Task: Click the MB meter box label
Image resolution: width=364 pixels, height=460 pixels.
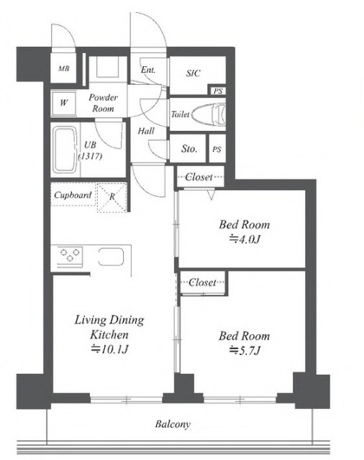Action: [64, 69]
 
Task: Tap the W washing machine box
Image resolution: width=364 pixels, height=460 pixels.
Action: [64, 103]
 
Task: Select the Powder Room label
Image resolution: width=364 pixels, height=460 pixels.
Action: [103, 103]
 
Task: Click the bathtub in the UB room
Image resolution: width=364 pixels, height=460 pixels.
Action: [65, 150]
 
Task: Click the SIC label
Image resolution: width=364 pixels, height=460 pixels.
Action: [194, 73]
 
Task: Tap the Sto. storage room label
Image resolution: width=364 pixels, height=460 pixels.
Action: [188, 149]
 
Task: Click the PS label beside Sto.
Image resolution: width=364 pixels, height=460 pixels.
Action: [217, 149]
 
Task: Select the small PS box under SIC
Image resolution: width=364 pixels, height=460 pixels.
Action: [217, 91]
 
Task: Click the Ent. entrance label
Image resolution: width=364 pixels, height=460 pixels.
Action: [148, 70]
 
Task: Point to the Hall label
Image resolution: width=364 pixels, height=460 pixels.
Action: [146, 131]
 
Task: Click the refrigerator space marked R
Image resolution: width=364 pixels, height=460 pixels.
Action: [112, 197]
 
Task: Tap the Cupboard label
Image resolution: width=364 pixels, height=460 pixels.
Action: [73, 195]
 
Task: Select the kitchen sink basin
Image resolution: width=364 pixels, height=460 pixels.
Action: [111, 257]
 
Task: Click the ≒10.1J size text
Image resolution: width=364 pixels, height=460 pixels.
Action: [109, 349]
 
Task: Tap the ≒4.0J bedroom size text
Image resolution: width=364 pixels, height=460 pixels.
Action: [245, 239]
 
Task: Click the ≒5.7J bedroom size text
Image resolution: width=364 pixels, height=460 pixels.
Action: [245, 350]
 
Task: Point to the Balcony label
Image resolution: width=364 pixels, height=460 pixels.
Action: [173, 424]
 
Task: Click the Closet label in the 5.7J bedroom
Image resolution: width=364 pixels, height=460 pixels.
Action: [202, 282]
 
